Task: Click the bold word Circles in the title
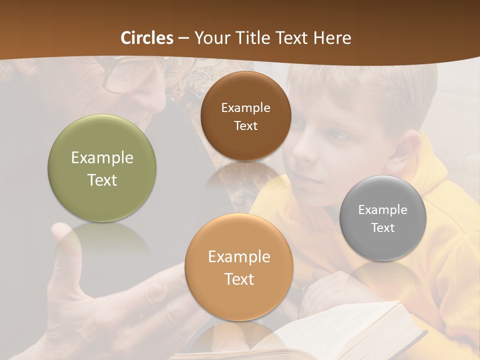point(147,38)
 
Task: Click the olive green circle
point(102,168)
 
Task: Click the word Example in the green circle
point(102,158)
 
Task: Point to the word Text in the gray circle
point(383,228)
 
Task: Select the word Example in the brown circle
point(245,108)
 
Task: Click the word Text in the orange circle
point(239,279)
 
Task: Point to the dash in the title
point(183,38)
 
